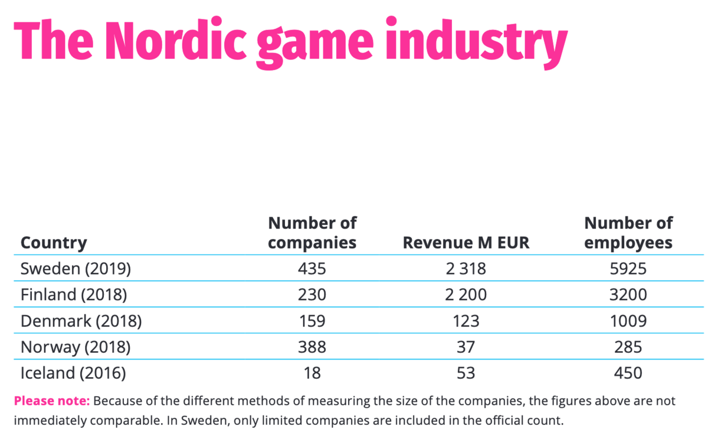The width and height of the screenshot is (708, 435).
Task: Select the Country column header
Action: coord(54,243)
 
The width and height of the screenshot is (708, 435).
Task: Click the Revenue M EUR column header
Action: coord(466,243)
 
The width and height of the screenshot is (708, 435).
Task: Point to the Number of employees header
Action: coord(628,233)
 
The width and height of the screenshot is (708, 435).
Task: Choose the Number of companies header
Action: coord(312,233)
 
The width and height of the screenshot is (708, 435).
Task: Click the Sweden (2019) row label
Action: coord(76,269)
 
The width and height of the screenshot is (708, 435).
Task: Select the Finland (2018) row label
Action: coord(74,295)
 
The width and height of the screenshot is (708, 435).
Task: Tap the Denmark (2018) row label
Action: coord(81,321)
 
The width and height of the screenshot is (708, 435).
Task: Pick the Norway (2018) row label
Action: coord(76,347)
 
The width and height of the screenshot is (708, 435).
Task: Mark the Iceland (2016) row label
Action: coord(73,373)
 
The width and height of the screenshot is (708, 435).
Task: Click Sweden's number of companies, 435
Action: coord(312,269)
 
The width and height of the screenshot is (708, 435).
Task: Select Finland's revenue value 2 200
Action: coord(466,295)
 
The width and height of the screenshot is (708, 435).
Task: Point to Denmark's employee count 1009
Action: coord(628,321)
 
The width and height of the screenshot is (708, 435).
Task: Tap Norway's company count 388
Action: coord(312,347)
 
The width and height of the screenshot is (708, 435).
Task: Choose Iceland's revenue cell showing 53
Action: coord(466,373)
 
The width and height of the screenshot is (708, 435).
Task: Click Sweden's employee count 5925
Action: coord(628,269)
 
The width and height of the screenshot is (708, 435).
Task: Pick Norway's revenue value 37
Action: coord(466,347)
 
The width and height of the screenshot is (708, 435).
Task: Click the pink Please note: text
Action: coord(52,401)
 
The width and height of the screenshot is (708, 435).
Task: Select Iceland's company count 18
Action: coord(312,373)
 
